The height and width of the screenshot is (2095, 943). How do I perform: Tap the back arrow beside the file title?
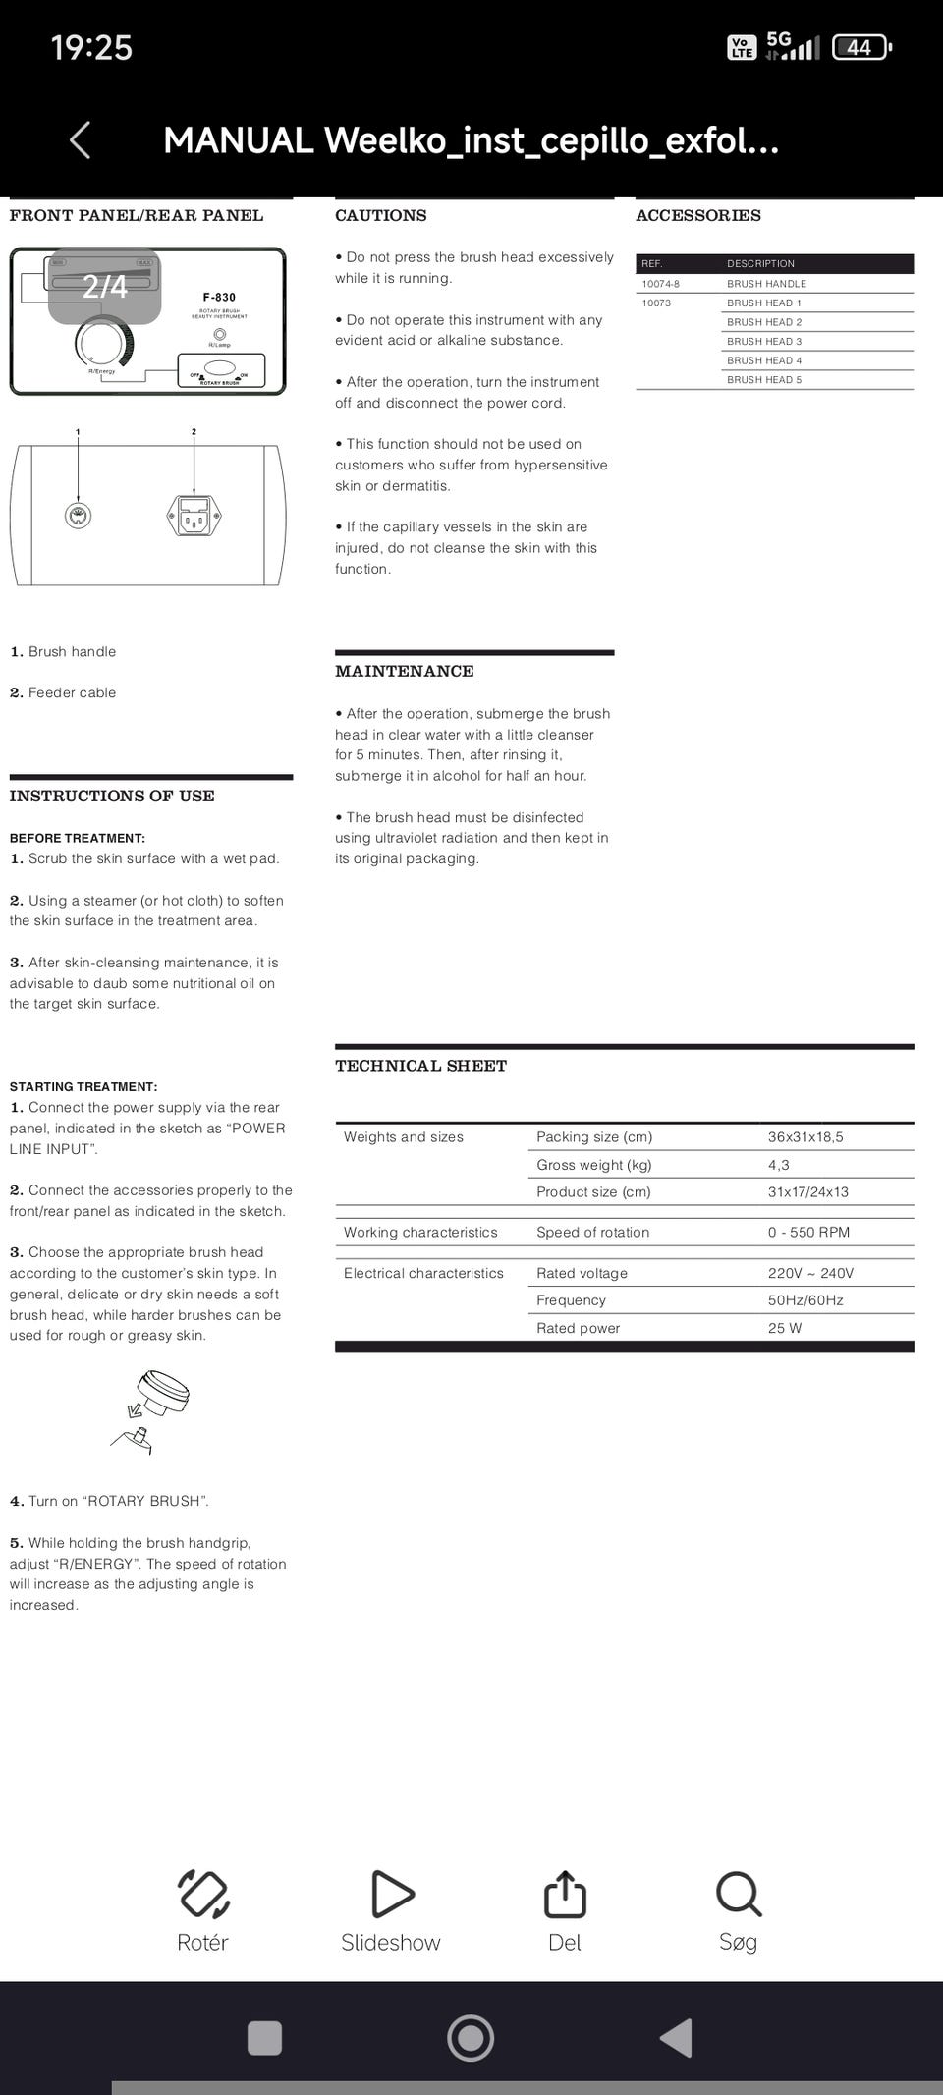(81, 140)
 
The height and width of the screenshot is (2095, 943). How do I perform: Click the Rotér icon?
(203, 1894)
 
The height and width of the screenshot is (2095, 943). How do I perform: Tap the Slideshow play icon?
(392, 1894)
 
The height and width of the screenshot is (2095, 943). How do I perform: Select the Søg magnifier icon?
(738, 1894)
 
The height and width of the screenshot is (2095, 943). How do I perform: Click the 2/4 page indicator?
(105, 286)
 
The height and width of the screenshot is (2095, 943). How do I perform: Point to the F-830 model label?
(219, 297)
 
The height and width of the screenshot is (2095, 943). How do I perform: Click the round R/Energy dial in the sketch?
(102, 344)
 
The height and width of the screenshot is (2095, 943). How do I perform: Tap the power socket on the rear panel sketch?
(194, 516)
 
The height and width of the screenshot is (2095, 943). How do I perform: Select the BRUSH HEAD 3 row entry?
(764, 341)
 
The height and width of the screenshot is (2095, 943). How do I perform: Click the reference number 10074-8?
(660, 284)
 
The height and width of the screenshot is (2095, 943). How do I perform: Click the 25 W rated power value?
(785, 1328)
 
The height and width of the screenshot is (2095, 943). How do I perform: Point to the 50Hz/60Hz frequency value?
(805, 1300)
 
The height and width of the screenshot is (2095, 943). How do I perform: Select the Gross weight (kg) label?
(593, 1165)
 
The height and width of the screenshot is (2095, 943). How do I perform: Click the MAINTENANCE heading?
(404, 671)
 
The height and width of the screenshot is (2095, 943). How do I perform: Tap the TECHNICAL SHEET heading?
(420, 1066)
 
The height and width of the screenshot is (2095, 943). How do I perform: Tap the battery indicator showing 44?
(860, 47)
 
